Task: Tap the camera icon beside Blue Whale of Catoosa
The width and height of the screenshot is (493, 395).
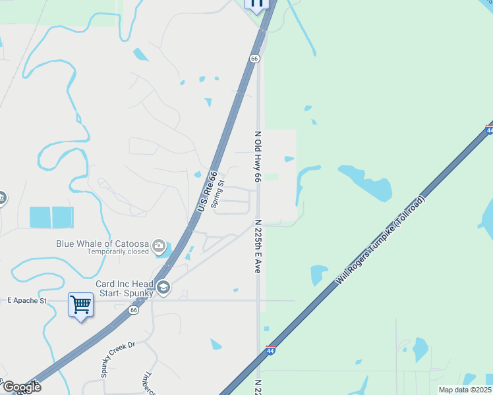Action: point(158,246)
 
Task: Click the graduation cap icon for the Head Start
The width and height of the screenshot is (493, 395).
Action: point(163,287)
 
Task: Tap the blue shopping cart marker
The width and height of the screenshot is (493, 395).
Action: point(80,305)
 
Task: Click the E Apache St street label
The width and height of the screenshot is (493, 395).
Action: point(27,300)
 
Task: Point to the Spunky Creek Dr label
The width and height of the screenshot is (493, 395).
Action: point(117,359)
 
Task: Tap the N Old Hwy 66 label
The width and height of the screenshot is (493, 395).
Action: point(258,157)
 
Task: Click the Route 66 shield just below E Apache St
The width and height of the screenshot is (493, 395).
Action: point(134,309)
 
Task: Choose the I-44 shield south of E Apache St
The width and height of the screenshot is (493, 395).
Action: point(270,350)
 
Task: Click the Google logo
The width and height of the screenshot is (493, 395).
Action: point(21,386)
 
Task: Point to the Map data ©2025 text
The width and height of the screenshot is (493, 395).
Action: point(465,390)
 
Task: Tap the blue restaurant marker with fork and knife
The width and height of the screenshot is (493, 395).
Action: point(256,3)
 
